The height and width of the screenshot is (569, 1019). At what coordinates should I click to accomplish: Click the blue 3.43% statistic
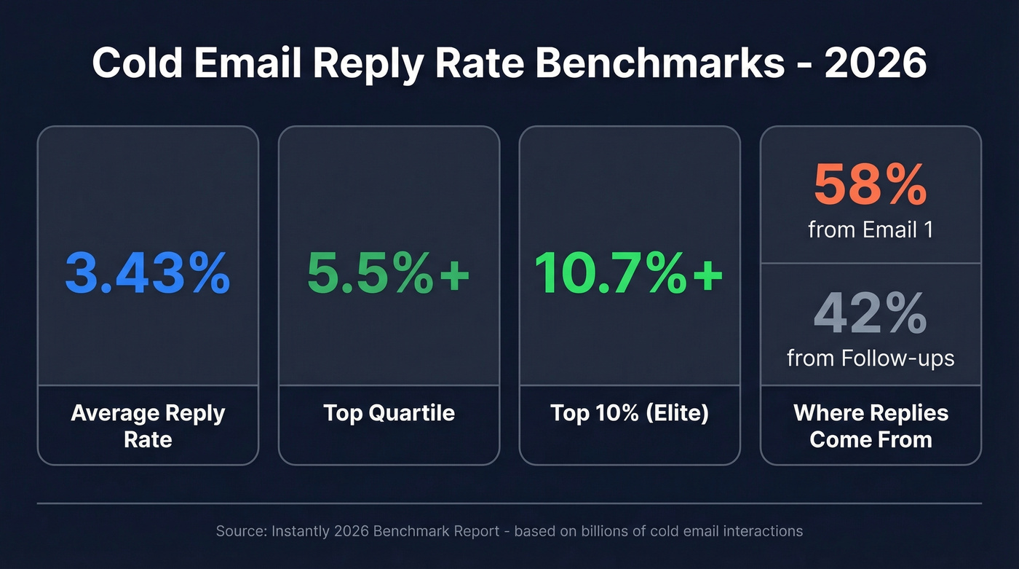pos(148,273)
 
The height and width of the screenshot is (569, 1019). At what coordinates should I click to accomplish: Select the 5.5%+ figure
pos(389,273)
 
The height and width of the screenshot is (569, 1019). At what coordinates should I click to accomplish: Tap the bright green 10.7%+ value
pos(629,273)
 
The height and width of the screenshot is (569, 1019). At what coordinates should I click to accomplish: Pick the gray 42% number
pos(871,314)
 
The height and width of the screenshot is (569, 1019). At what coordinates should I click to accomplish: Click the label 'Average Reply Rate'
pos(148,425)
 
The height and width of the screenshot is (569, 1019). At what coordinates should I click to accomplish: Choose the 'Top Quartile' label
pos(389,413)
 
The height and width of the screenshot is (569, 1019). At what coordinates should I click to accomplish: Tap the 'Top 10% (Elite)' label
pos(629,413)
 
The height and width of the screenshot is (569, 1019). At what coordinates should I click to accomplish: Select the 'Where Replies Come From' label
pos(871,425)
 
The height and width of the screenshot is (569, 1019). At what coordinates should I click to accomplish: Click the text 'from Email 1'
pos(871,229)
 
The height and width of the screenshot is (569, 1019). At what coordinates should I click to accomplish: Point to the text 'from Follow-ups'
pos(871,358)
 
